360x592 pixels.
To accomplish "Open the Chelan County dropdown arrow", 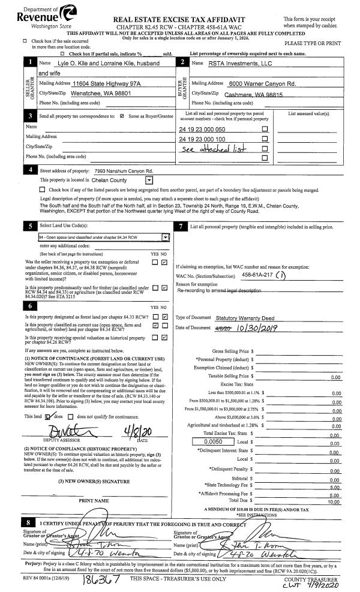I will (149, 180).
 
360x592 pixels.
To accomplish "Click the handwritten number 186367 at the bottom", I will (103, 581).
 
